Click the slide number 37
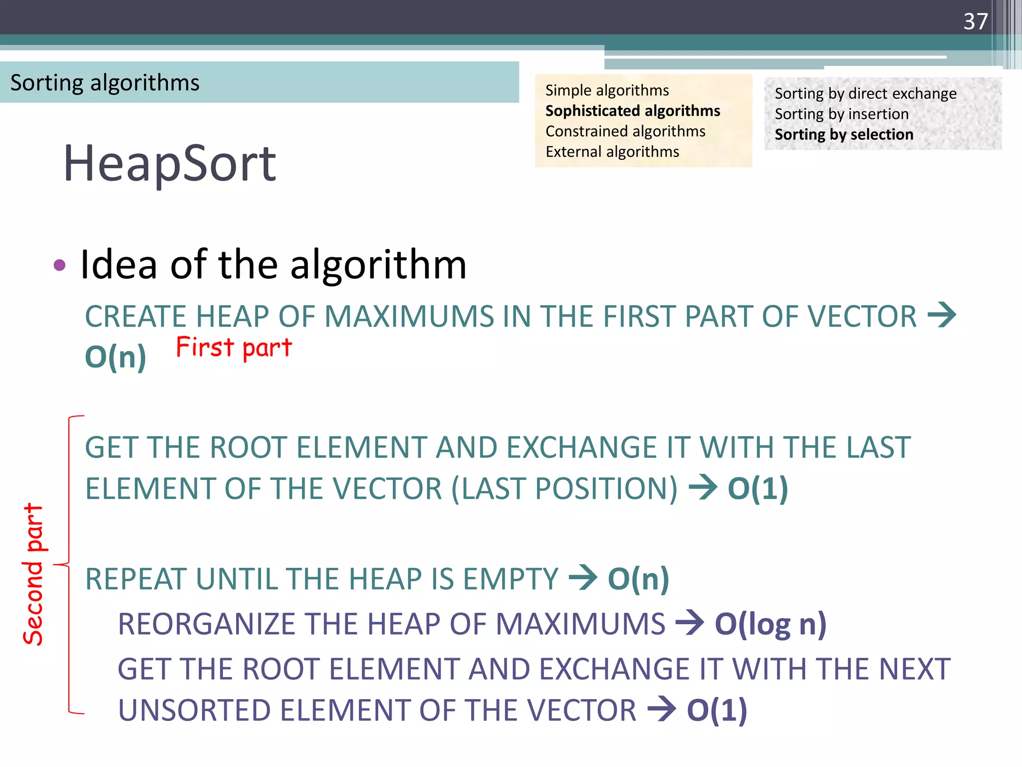[975, 21]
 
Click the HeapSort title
[169, 163]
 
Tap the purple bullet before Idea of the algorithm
[59, 265]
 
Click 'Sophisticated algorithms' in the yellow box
[632, 111]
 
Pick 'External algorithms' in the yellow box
[612, 152]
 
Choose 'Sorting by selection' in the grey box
[844, 134]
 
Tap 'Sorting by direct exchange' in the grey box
[865, 93]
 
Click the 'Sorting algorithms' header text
[105, 83]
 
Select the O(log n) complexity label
[770, 624]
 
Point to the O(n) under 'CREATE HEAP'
[116, 357]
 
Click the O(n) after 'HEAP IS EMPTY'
[638, 579]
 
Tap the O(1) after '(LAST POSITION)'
[758, 488]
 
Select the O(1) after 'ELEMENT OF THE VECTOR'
[717, 710]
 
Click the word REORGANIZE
[206, 624]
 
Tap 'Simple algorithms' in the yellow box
[607, 90]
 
